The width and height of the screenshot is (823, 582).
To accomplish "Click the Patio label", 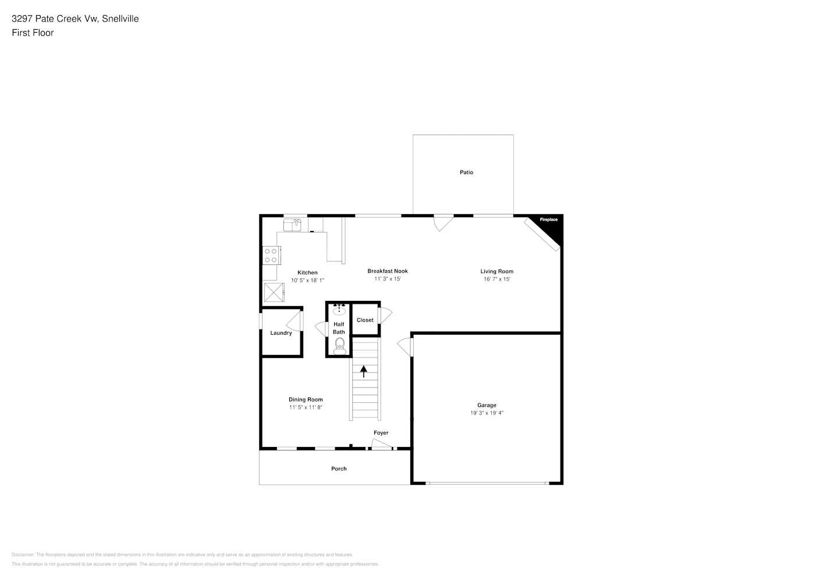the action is coord(466,172).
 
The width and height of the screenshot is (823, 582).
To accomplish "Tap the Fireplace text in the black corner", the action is coord(548,219).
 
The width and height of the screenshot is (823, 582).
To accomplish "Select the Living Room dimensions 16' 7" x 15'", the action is coord(496,279).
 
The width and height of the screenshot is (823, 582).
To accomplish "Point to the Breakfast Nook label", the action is coord(388,271).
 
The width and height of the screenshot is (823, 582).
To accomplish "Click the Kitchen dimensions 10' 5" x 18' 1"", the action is coord(307,280).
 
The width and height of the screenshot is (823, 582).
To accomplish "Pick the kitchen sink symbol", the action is coord(292,225).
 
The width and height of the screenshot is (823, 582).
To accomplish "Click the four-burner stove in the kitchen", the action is coord(271,255).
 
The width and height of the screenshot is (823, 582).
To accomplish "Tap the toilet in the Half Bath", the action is coord(339,346).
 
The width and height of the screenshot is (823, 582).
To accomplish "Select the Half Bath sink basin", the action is coord(339,311).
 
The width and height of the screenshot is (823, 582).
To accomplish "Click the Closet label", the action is coord(365,320).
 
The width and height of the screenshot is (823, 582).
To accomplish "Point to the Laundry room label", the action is coord(281,333).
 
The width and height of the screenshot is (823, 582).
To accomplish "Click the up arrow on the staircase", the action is coord(363,371).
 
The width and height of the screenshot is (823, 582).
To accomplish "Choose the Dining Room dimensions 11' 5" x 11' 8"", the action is coord(306,407).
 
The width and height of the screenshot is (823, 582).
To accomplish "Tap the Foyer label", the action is coord(381,433).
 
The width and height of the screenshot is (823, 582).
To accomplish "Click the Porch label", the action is coord(339,469).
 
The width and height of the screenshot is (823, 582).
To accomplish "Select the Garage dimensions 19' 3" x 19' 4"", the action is coord(487,413).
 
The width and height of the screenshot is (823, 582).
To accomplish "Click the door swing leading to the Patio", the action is coord(443,223).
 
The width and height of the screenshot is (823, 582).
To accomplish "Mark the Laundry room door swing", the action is coord(294,321).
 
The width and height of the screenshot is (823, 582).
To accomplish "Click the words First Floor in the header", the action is coord(33,33).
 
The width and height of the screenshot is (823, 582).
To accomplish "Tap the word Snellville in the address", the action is coord(120,19).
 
